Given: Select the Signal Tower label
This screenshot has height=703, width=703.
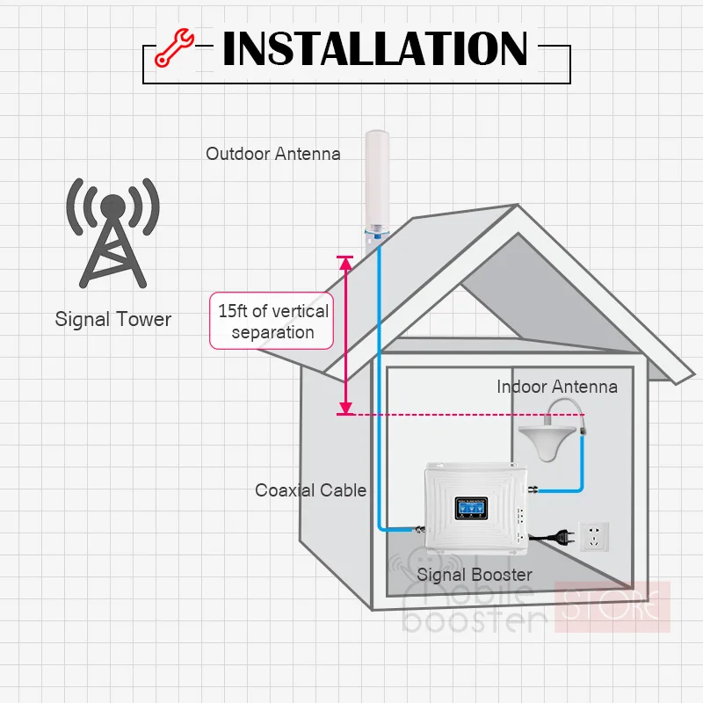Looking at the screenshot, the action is (x=113, y=319).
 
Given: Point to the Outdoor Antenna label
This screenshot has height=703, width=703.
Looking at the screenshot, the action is (x=273, y=154).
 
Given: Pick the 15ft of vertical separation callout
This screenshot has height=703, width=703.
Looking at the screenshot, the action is (x=272, y=322).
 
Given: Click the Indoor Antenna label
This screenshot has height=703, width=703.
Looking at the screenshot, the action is (x=557, y=387).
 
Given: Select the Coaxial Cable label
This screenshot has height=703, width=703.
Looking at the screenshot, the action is (x=310, y=490).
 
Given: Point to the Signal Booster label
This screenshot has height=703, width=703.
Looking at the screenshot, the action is (x=475, y=575).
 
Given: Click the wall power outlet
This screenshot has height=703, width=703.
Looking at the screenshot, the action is (x=595, y=535).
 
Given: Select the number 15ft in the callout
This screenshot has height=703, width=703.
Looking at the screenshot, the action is (x=234, y=311).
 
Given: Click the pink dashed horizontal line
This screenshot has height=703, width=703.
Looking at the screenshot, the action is (x=466, y=414).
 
